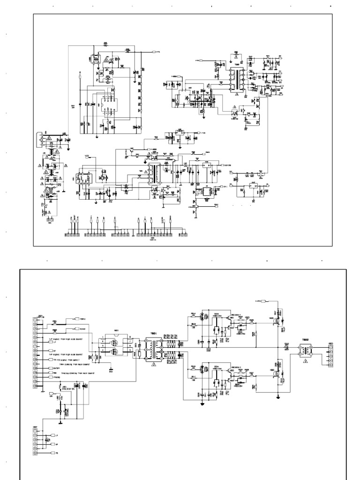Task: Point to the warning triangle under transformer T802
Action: pos(306,362)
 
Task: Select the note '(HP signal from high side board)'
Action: pos(70,355)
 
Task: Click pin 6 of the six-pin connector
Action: pos(35,454)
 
